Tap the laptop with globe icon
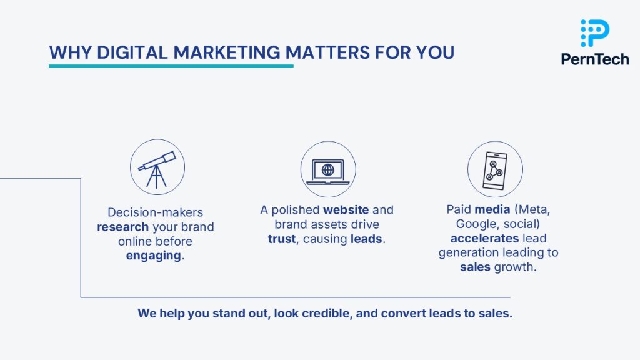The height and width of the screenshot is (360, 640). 328,171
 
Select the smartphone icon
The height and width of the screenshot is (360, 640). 495,171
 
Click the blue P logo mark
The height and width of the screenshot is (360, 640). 595,33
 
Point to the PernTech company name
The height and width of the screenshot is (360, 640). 595,59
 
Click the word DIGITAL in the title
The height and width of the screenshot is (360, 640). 132,52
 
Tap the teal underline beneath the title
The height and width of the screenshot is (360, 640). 171,65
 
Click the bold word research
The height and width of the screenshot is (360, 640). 122,227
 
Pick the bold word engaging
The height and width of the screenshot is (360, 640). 154,256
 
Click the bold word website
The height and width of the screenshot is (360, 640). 346,210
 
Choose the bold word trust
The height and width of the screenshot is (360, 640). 282,239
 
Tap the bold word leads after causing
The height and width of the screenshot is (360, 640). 366,239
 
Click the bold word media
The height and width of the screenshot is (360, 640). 492,209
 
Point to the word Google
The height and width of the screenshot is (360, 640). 476,224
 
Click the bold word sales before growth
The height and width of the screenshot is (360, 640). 475,267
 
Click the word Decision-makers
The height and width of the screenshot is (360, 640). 155,212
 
